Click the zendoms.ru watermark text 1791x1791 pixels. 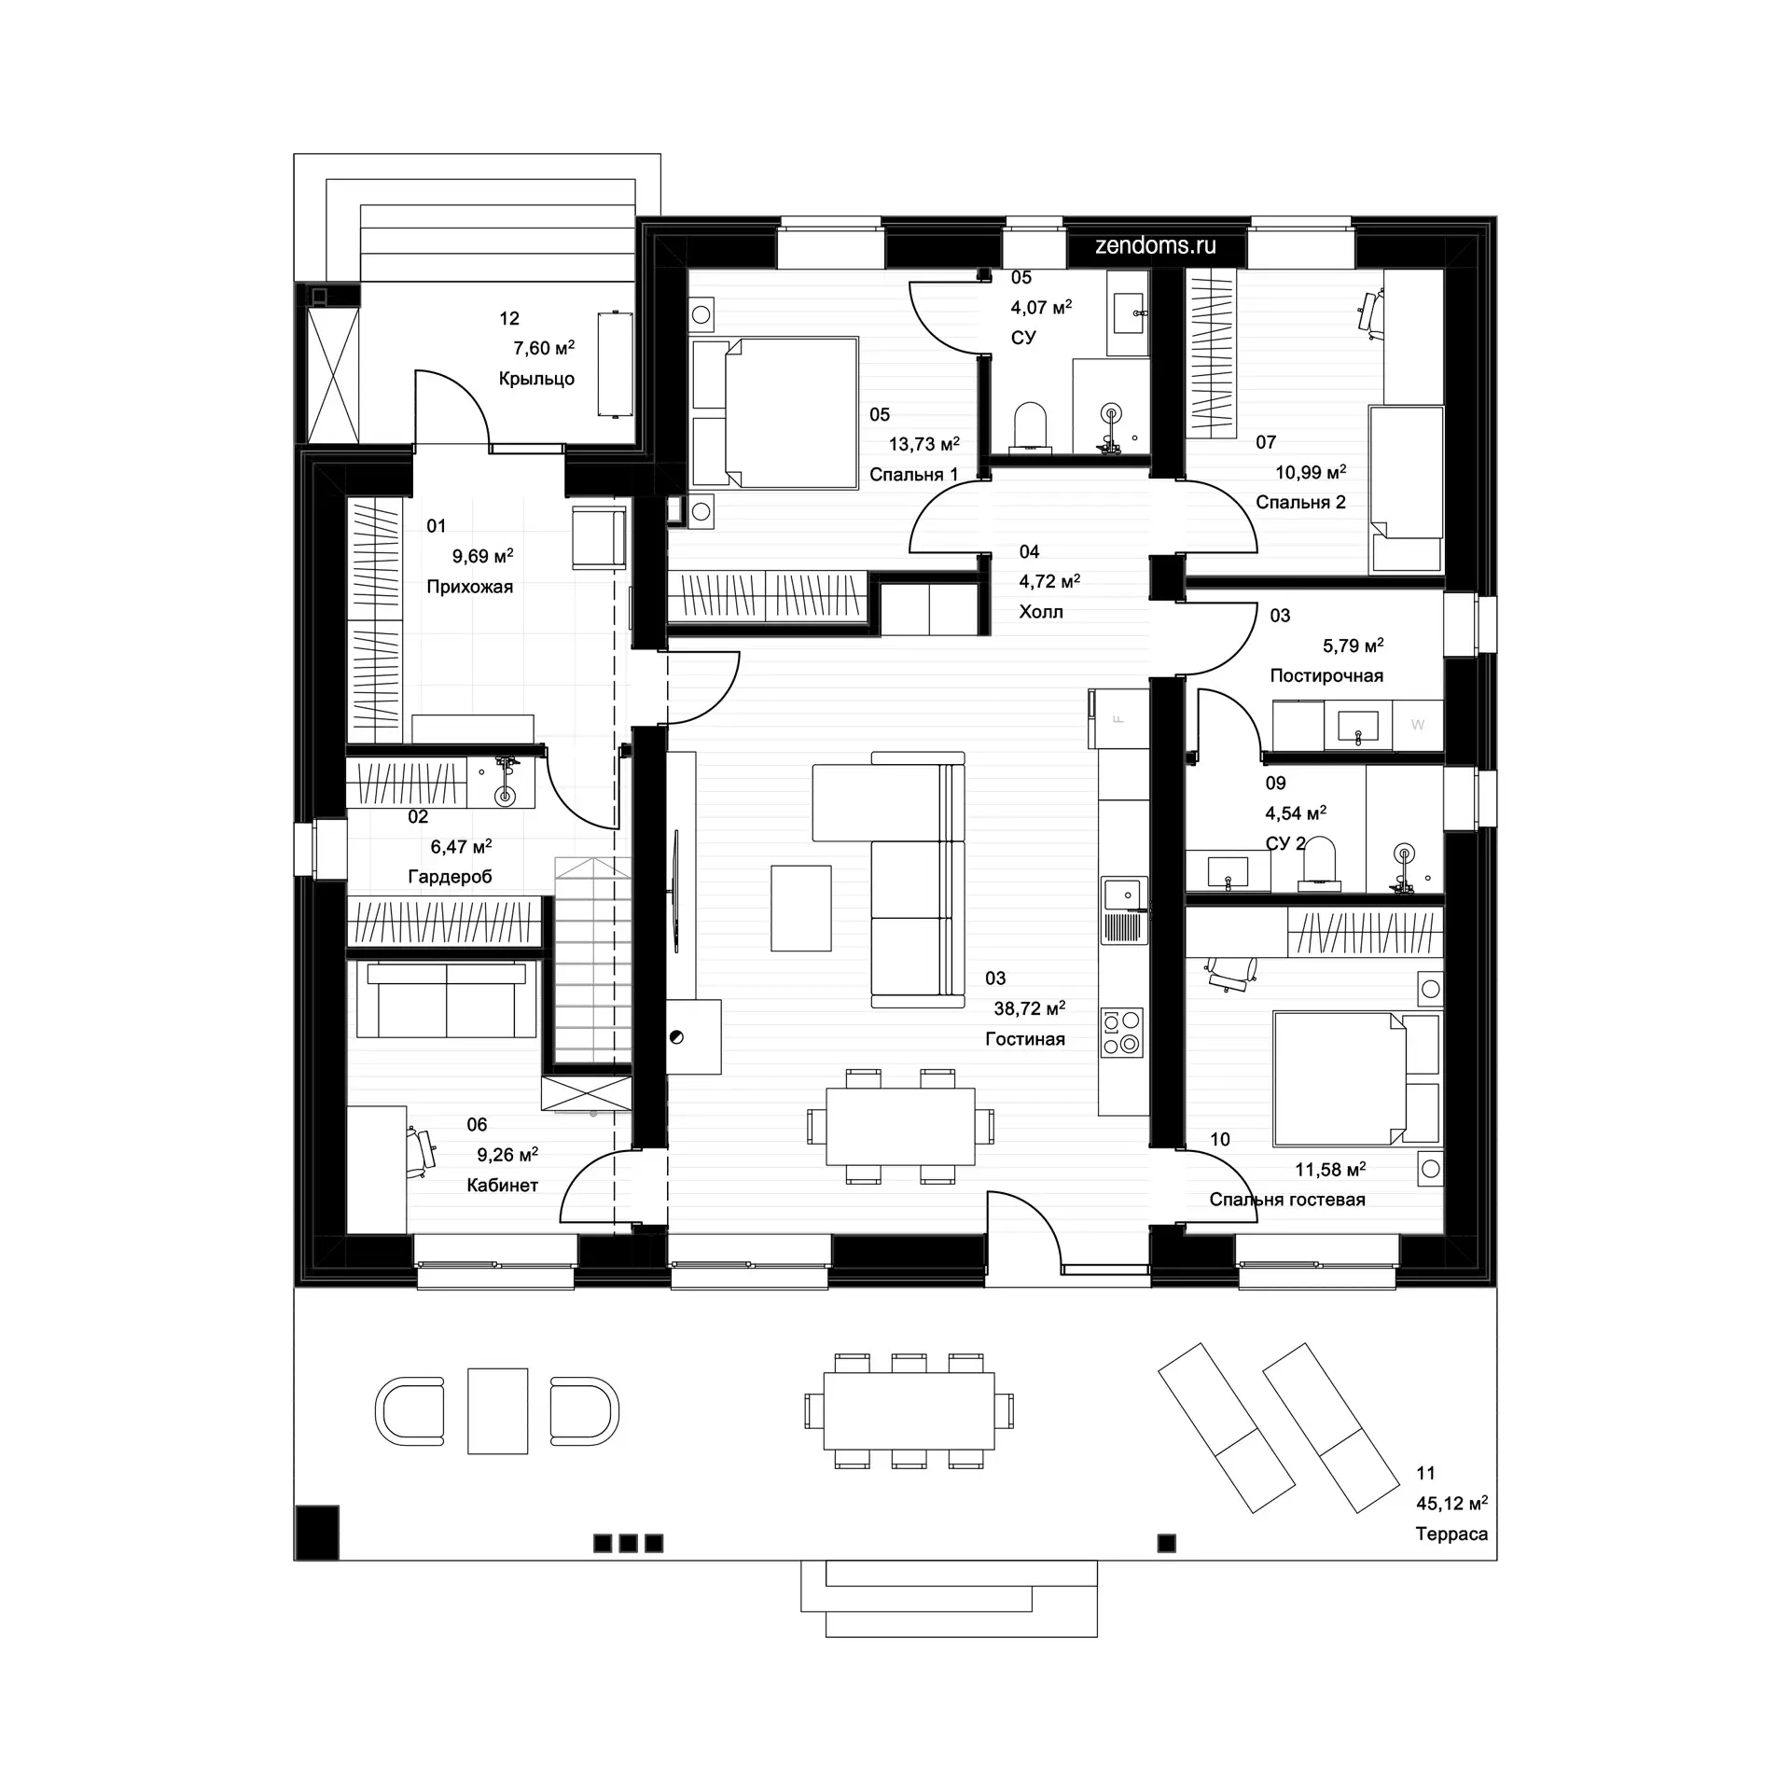click(x=1156, y=246)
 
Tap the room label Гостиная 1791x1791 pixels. click(x=1025, y=1039)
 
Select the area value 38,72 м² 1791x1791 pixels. click(x=1030, y=1008)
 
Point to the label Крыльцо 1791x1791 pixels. click(x=536, y=379)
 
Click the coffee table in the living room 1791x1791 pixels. click(x=801, y=908)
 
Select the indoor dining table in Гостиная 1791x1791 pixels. click(x=900, y=1126)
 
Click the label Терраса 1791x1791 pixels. click(x=1451, y=1534)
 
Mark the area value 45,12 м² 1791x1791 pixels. click(x=1452, y=1503)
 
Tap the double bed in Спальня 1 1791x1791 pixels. click(x=774, y=412)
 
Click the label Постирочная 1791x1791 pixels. click(x=1326, y=675)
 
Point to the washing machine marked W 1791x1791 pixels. click(x=1418, y=725)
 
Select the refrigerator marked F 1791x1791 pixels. click(x=1118, y=718)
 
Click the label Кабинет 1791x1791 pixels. click(x=503, y=1186)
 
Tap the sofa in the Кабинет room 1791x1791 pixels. click(x=446, y=1000)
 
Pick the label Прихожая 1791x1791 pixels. click(x=470, y=587)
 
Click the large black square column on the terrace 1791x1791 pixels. click(x=316, y=1532)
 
